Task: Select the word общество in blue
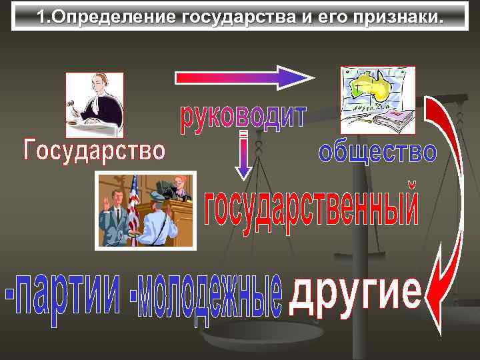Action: click(x=377, y=153)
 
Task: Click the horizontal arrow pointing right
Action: click(x=244, y=77)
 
